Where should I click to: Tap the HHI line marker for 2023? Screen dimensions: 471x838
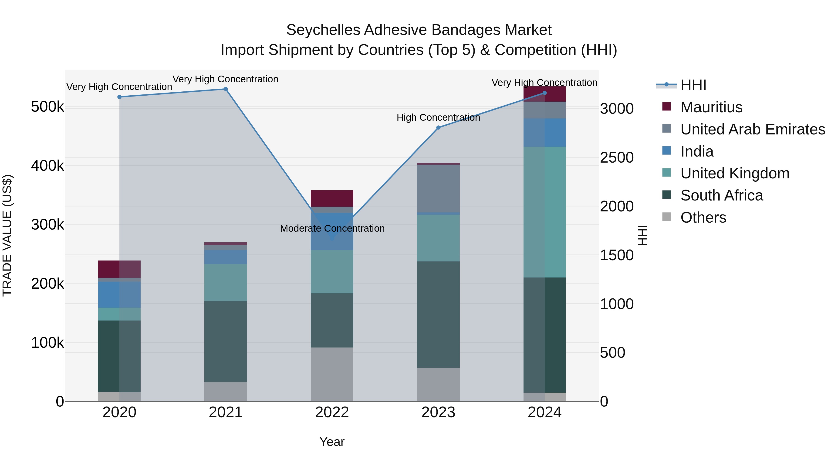(x=438, y=128)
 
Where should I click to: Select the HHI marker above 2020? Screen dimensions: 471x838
(x=119, y=97)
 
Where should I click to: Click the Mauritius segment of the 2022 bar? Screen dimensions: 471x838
(x=332, y=198)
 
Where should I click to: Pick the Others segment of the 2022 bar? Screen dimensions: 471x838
(x=332, y=374)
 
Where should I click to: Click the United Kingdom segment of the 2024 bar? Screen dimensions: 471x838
(x=544, y=212)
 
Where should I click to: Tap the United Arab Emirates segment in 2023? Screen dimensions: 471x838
(x=438, y=189)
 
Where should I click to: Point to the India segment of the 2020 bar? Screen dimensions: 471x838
(x=119, y=294)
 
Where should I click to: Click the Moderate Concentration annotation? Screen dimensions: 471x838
(x=332, y=228)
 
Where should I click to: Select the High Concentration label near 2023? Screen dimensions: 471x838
(x=438, y=118)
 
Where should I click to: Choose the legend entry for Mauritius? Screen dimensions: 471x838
(x=711, y=107)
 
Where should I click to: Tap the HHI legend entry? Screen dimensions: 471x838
(x=693, y=85)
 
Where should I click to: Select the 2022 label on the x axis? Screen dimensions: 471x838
(x=332, y=412)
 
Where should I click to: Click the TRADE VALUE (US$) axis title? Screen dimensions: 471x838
(x=7, y=235)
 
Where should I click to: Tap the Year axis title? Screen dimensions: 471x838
(x=332, y=442)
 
